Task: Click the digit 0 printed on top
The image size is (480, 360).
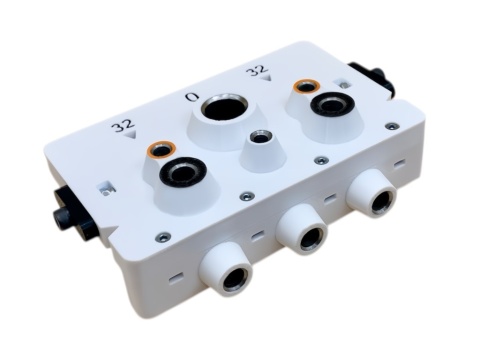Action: [192, 97]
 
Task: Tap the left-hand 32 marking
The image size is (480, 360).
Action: [123, 126]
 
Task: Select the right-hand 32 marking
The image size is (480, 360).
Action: [257, 70]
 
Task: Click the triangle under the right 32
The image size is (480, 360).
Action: [266, 78]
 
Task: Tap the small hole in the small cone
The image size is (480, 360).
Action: [261, 137]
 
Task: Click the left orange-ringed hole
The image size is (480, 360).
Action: [162, 149]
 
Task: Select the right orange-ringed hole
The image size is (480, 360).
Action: [307, 86]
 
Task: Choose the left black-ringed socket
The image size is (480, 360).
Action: [182, 171]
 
